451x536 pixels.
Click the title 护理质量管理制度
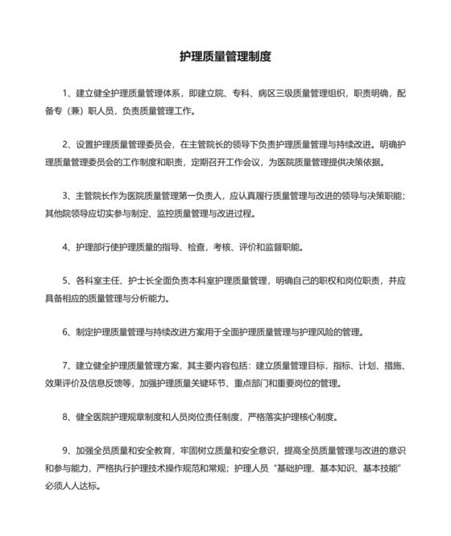coord(225,57)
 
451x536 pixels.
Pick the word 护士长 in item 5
coord(134,281)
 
